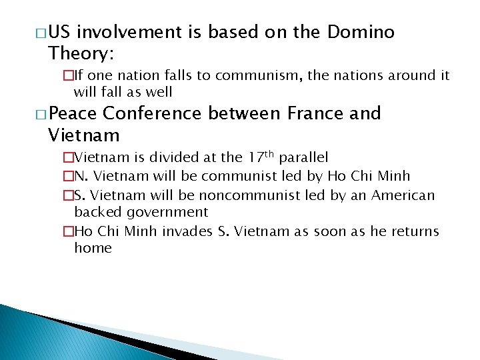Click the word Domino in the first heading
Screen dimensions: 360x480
[x=361, y=32]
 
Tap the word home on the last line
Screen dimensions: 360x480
[x=93, y=248]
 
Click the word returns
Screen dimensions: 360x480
[x=413, y=231]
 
